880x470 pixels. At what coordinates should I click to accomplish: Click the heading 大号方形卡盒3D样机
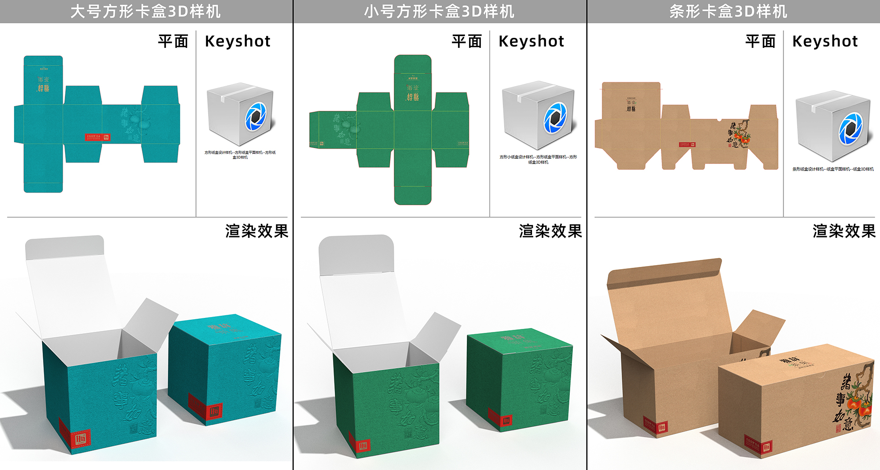146,11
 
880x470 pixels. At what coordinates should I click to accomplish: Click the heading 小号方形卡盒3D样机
439,11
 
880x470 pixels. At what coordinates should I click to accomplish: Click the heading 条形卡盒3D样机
728,11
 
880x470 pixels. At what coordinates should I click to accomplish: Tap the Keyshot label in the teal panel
238,41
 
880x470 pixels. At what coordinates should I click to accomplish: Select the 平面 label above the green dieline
467,41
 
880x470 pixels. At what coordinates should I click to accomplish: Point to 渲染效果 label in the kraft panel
844,231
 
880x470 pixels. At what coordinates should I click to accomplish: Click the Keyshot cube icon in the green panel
538,115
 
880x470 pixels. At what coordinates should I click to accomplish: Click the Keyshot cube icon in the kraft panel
832,126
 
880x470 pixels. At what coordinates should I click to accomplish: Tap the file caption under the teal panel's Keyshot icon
240,155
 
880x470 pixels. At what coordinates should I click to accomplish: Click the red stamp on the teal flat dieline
97,137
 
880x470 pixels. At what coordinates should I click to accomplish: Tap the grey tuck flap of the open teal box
65,248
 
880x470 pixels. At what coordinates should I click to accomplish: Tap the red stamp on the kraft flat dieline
686,144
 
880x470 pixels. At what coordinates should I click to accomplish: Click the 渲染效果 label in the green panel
550,231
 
